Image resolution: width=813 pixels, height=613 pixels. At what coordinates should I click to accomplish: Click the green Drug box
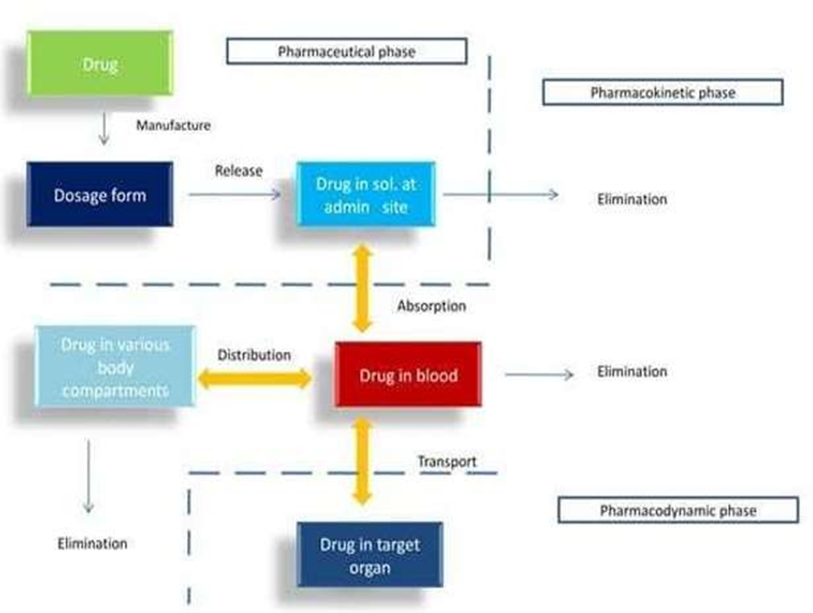pyautogui.click(x=99, y=64)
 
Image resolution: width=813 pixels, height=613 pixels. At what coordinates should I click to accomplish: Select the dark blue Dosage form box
pyautogui.click(x=99, y=194)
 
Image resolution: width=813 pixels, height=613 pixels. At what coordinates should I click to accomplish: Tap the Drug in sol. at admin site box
pyautogui.click(x=366, y=194)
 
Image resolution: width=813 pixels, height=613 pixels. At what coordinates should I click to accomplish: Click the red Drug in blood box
pyautogui.click(x=408, y=374)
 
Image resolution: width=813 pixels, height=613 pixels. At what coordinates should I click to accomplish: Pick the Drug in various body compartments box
pyautogui.click(x=115, y=367)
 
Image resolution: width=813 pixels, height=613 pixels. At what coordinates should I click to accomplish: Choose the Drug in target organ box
pyautogui.click(x=369, y=554)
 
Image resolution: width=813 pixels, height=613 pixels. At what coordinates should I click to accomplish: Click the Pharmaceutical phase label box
pyautogui.click(x=346, y=52)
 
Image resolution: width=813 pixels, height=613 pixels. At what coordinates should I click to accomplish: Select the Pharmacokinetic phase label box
pyautogui.click(x=662, y=92)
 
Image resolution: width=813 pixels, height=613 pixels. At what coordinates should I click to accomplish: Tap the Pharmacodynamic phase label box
pyautogui.click(x=677, y=510)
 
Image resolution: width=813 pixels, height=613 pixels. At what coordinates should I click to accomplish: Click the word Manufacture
pyautogui.click(x=173, y=126)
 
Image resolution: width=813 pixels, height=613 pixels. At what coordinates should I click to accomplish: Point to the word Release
pyautogui.click(x=239, y=170)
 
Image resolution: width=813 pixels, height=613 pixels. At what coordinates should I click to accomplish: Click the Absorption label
pyautogui.click(x=431, y=306)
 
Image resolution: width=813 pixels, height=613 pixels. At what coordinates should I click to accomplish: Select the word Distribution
pyautogui.click(x=254, y=355)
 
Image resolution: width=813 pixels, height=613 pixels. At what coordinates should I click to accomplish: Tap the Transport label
pyautogui.click(x=447, y=461)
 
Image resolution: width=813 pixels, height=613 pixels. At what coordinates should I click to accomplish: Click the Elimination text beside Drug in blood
pyautogui.click(x=631, y=372)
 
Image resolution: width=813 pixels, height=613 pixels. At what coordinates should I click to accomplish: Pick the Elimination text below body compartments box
pyautogui.click(x=92, y=543)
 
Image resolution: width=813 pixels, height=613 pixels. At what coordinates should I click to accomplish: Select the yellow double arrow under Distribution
pyautogui.click(x=255, y=379)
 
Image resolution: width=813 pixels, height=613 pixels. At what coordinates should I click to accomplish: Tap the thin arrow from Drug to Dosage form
pyautogui.click(x=103, y=129)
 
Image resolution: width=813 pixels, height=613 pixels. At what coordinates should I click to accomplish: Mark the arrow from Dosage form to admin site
pyautogui.click(x=235, y=194)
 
